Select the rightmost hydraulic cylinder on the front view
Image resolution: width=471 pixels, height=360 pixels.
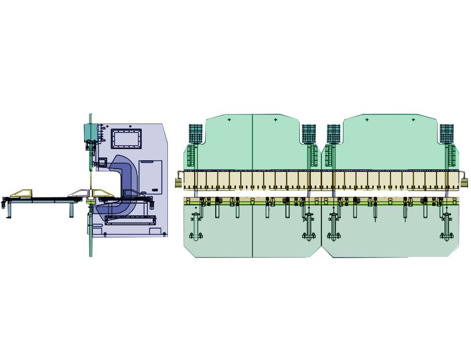447,134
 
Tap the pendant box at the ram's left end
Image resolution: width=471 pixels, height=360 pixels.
179,181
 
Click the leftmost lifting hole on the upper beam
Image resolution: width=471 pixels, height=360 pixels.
229,120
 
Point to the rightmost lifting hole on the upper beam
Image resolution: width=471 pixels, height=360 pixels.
413,120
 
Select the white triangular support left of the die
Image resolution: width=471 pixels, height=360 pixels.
77,193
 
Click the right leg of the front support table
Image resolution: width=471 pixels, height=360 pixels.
71,209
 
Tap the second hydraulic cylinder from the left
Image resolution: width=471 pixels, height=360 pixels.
309,134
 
